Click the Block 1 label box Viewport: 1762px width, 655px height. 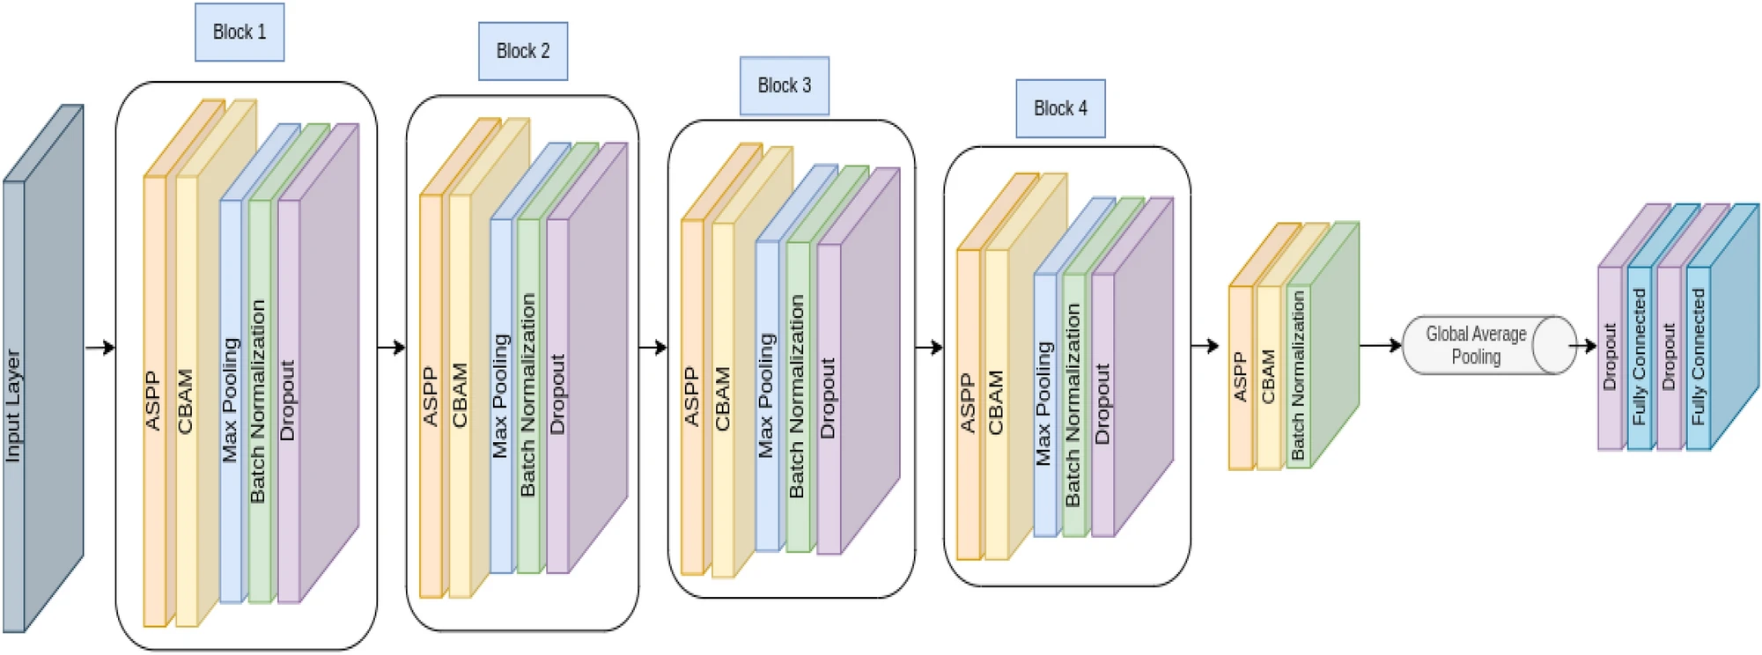coord(240,33)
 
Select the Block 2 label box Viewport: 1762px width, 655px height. coord(523,51)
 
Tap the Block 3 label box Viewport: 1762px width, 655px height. coord(784,85)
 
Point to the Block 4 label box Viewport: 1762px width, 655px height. coord(1060,108)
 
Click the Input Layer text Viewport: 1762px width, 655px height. coord(13,405)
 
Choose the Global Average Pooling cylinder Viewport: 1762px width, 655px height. coord(1488,345)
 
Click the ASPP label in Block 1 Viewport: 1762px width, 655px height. coord(153,401)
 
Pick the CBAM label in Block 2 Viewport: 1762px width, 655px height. coord(460,395)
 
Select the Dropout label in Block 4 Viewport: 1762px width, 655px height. coord(1102,403)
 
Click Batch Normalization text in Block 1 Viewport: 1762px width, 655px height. coord(258,401)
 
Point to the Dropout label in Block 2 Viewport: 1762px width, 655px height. coord(557,394)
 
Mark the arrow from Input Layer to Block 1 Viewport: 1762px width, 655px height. coord(100,348)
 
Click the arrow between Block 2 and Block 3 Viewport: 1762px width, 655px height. coord(652,348)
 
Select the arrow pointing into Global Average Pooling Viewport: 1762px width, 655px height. coord(1381,345)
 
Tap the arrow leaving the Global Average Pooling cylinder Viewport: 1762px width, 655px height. coord(1585,346)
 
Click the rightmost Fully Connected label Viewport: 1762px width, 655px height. coord(1698,357)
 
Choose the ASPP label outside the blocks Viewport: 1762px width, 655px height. coord(1240,377)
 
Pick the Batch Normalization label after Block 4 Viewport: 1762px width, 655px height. coord(1298,376)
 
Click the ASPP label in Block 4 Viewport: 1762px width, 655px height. coord(968,403)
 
